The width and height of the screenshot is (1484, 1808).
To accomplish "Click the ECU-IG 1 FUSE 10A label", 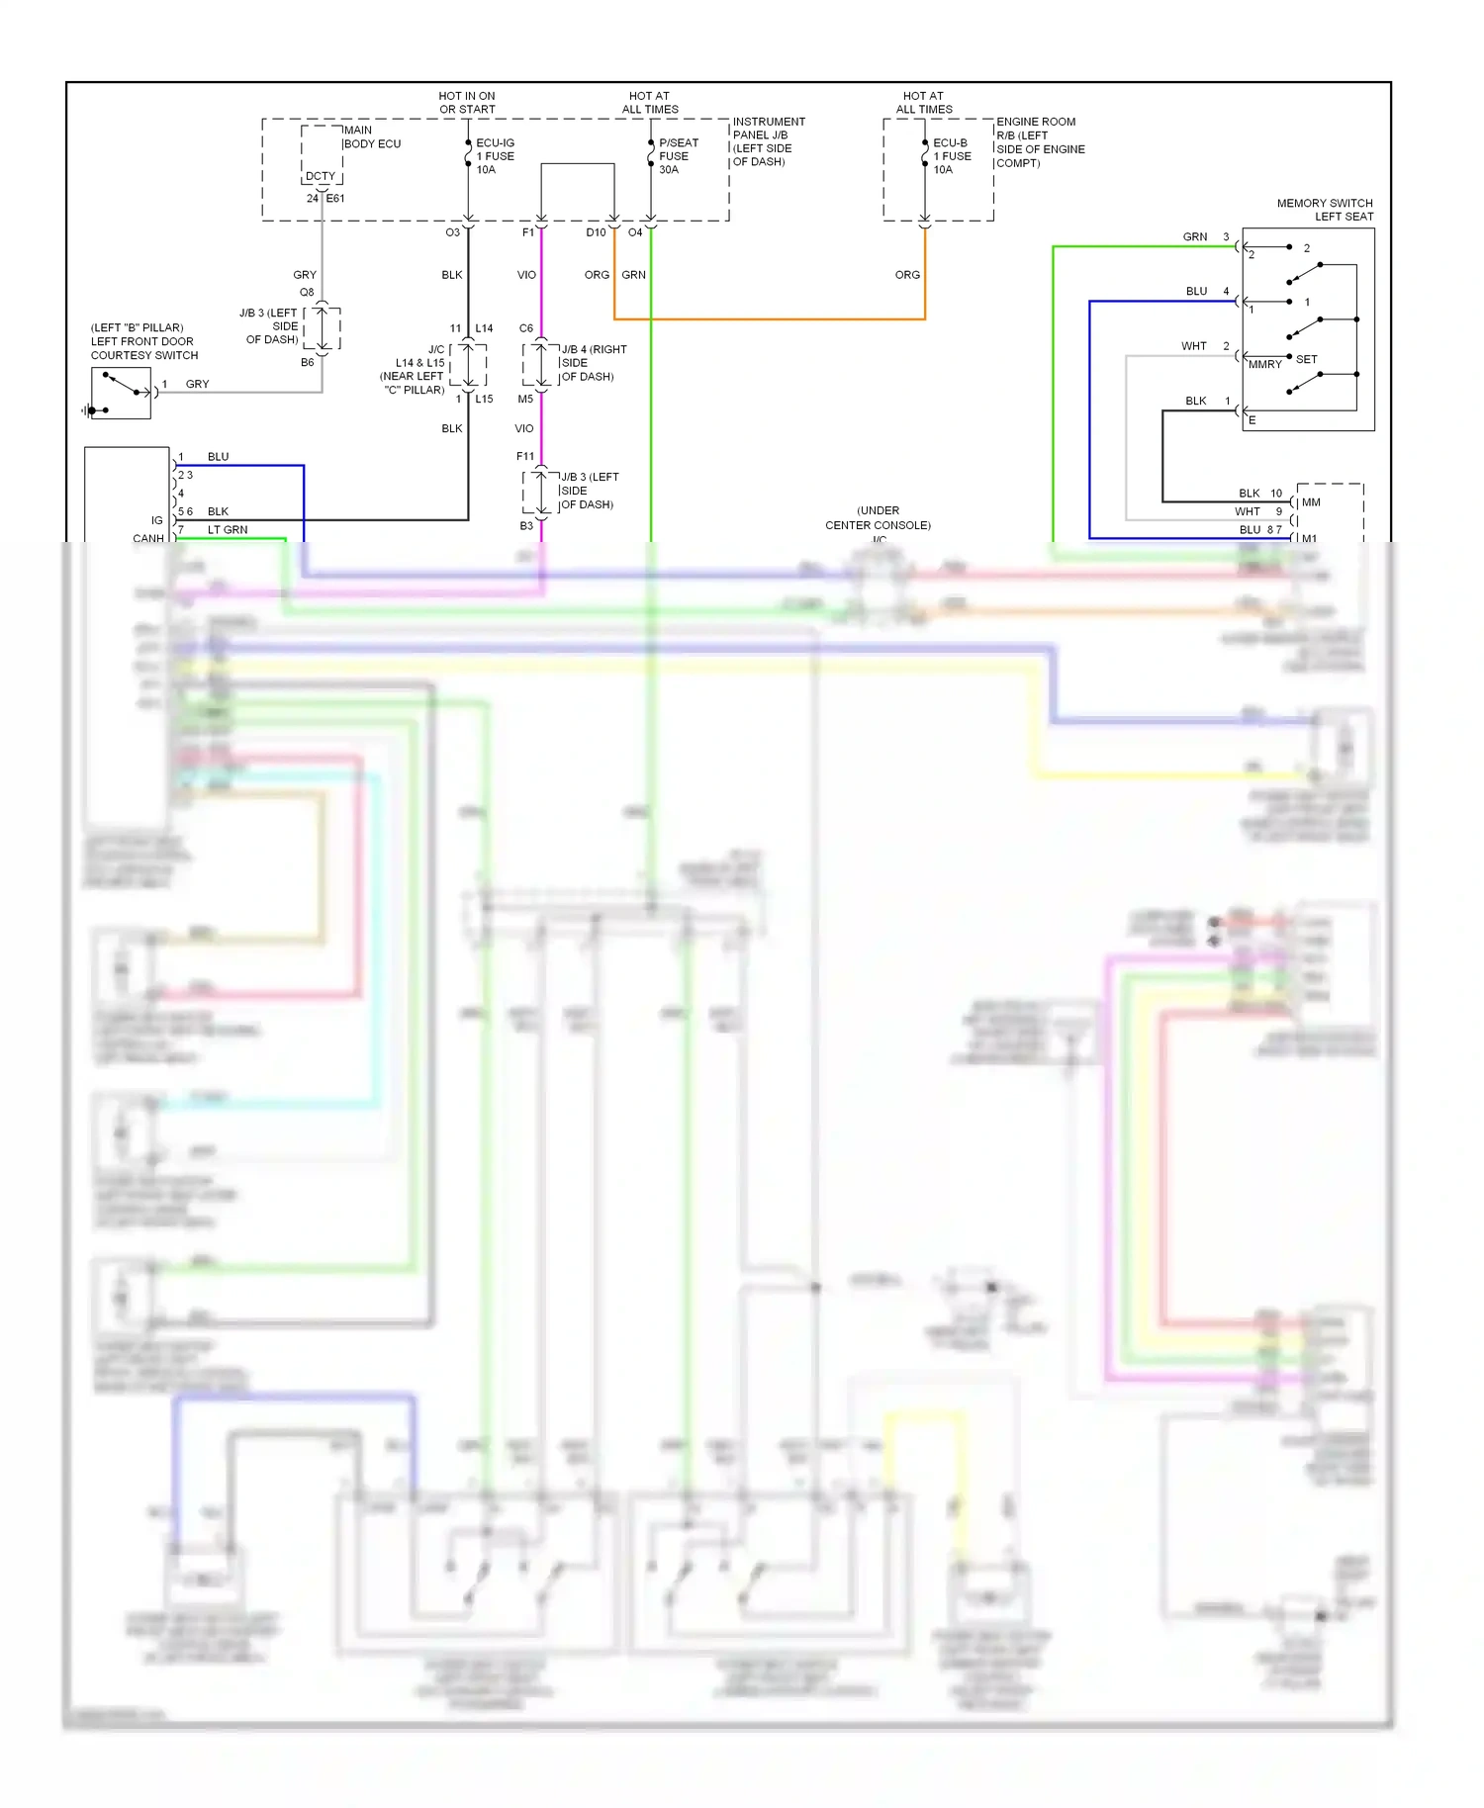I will coord(495,156).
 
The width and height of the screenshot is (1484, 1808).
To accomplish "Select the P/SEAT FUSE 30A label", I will coord(678,156).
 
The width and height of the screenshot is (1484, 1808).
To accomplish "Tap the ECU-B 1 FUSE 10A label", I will coord(952,156).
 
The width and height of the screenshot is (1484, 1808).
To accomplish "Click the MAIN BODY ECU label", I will coord(371,136).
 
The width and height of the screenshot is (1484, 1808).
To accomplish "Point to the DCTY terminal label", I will coord(321,176).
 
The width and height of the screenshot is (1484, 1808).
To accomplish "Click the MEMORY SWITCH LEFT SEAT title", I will coord(1325,210).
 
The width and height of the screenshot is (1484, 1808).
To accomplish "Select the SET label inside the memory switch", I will coord(1306,359).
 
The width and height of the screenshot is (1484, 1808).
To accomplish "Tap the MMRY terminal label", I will coord(1264,365).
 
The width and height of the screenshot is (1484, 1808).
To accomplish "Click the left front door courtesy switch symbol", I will coord(121,393).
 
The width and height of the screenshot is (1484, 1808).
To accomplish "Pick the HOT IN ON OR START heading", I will coord(467,103).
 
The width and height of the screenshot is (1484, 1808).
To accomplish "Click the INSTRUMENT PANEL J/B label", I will coord(769,141).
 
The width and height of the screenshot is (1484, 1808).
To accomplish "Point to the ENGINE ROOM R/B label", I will coord(1040,142).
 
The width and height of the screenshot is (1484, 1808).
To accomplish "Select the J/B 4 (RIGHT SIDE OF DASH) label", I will coord(593,363).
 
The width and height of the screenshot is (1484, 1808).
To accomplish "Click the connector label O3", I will coord(452,232).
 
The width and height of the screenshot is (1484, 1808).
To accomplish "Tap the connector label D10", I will coord(596,232).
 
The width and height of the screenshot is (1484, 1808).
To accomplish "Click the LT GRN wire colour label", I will coord(228,530).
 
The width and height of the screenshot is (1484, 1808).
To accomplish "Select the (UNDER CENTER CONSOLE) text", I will coord(879,518).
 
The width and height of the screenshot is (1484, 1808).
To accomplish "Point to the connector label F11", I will coord(525,456).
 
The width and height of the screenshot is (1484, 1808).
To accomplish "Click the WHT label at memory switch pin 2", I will coord(1194,346).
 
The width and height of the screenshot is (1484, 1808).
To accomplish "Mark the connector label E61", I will coord(335,199).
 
